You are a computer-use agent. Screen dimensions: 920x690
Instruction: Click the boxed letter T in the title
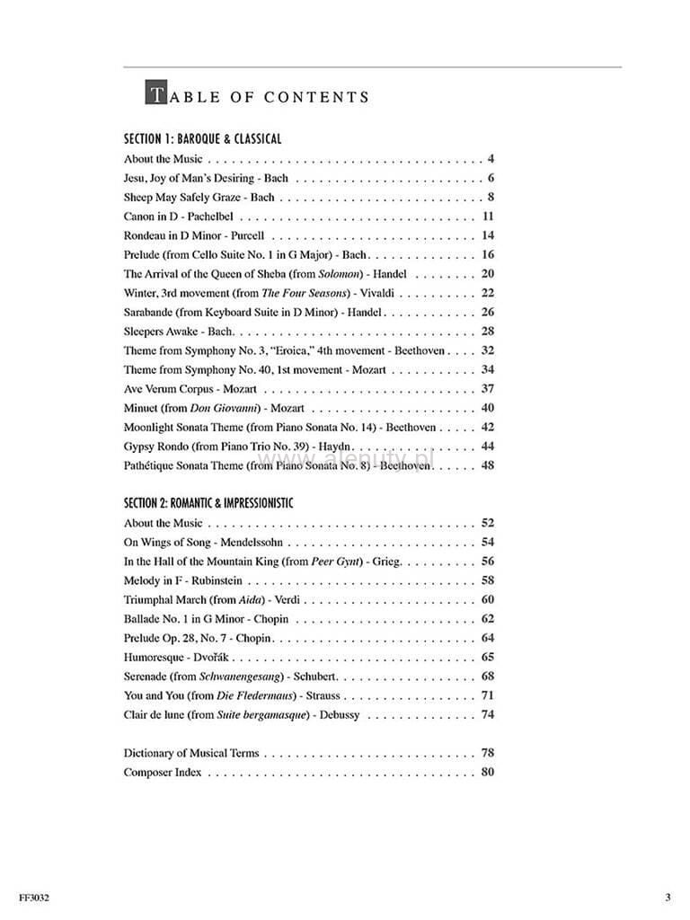tap(155, 93)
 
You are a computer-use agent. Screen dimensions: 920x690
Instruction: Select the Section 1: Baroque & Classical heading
tap(202, 139)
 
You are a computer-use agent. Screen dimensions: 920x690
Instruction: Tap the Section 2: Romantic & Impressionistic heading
tap(208, 503)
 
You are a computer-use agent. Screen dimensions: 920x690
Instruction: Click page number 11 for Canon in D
tap(489, 217)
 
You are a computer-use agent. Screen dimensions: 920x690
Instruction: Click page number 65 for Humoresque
tap(489, 658)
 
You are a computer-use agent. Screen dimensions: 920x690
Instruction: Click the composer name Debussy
tap(339, 715)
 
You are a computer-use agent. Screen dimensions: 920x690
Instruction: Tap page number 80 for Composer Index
tap(489, 772)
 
